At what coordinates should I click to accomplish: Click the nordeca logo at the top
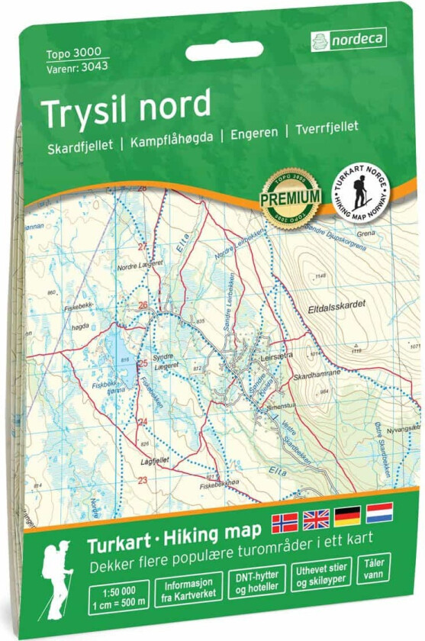[x=349, y=38]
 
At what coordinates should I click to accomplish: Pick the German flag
[x=347, y=517]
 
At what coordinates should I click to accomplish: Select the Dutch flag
[x=378, y=512]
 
